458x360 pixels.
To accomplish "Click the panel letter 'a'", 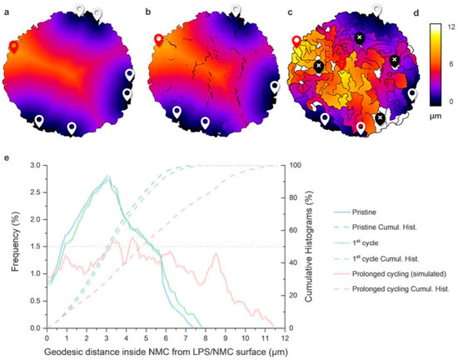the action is [x=5, y=12].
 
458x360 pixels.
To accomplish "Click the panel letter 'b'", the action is [x=148, y=12].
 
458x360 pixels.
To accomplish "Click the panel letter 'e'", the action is [x=6, y=158].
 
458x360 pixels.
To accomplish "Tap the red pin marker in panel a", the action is [x=13, y=47].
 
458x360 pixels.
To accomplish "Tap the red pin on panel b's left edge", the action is [x=158, y=40].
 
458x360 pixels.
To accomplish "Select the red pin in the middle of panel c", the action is [x=341, y=64].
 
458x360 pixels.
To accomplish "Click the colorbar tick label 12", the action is [x=451, y=27].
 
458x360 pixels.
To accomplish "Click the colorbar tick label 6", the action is [x=451, y=64].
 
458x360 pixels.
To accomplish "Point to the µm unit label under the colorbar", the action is [x=436, y=117].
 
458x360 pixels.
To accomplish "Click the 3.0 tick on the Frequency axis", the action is [x=37, y=165].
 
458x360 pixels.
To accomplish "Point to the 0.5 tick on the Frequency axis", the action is [x=37, y=301].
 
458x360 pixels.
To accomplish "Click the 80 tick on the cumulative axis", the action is [x=293, y=197].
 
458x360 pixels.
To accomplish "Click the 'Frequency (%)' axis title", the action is [x=16, y=247].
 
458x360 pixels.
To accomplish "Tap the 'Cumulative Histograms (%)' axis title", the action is [x=308, y=247].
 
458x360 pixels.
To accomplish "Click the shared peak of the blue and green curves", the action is [x=107, y=176].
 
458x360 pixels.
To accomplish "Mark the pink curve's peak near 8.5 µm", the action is [x=217, y=253].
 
